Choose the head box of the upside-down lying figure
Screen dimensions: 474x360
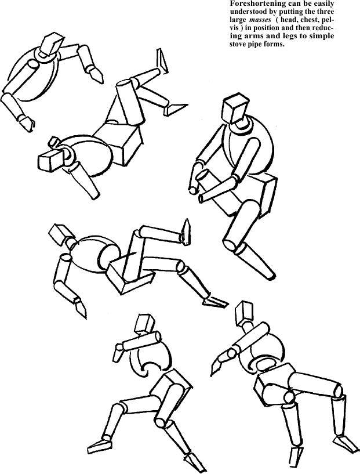(x=50, y=158)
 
